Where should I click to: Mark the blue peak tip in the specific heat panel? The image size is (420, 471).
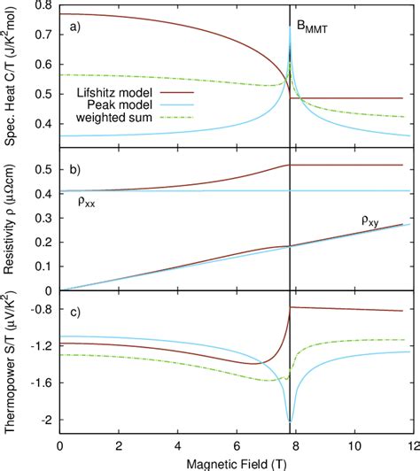point(291,27)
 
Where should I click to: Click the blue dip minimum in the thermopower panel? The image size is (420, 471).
point(291,421)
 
